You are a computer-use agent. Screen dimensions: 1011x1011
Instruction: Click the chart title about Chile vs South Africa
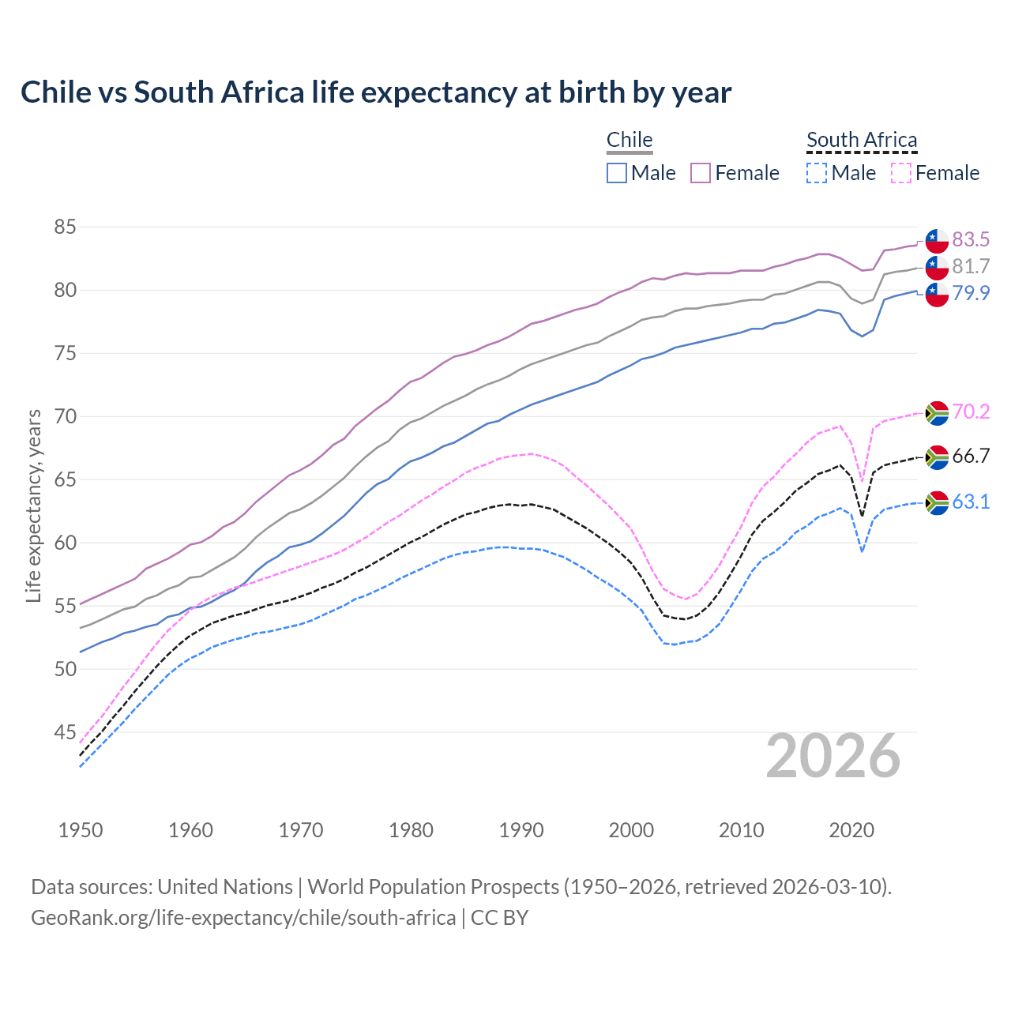point(376,92)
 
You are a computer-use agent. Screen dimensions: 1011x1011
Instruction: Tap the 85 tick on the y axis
point(65,227)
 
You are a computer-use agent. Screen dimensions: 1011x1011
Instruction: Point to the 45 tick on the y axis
point(65,733)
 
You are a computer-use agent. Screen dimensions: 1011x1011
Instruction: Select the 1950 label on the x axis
point(81,830)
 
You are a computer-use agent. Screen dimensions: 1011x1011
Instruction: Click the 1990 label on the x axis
point(521,830)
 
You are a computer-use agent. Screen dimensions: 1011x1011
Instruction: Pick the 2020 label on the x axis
point(851,830)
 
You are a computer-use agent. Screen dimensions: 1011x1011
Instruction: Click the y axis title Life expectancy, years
point(34,505)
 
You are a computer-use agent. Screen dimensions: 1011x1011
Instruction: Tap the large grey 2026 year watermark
point(832,757)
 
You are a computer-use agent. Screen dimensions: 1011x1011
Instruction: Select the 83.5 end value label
point(971,239)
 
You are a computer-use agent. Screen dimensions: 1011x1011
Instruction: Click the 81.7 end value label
point(971,266)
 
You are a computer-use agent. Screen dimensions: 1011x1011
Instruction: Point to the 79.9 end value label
point(971,293)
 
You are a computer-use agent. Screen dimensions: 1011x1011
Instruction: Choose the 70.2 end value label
point(971,412)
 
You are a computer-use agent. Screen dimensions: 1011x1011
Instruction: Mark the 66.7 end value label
point(971,456)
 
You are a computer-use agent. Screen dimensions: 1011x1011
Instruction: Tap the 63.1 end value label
point(971,502)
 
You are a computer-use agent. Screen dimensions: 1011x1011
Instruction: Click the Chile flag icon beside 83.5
point(937,240)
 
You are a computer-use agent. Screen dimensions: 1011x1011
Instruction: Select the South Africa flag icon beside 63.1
point(937,502)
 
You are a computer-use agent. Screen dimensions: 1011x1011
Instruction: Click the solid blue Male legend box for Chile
point(617,173)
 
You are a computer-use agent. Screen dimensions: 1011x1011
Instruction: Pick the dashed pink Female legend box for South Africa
point(901,173)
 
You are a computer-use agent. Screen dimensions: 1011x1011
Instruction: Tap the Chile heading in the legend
point(630,140)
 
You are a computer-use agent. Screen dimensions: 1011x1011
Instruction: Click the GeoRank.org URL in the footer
point(243,918)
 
